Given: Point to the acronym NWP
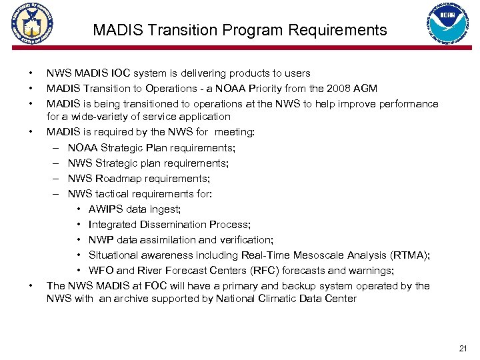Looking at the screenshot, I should (101, 240).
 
